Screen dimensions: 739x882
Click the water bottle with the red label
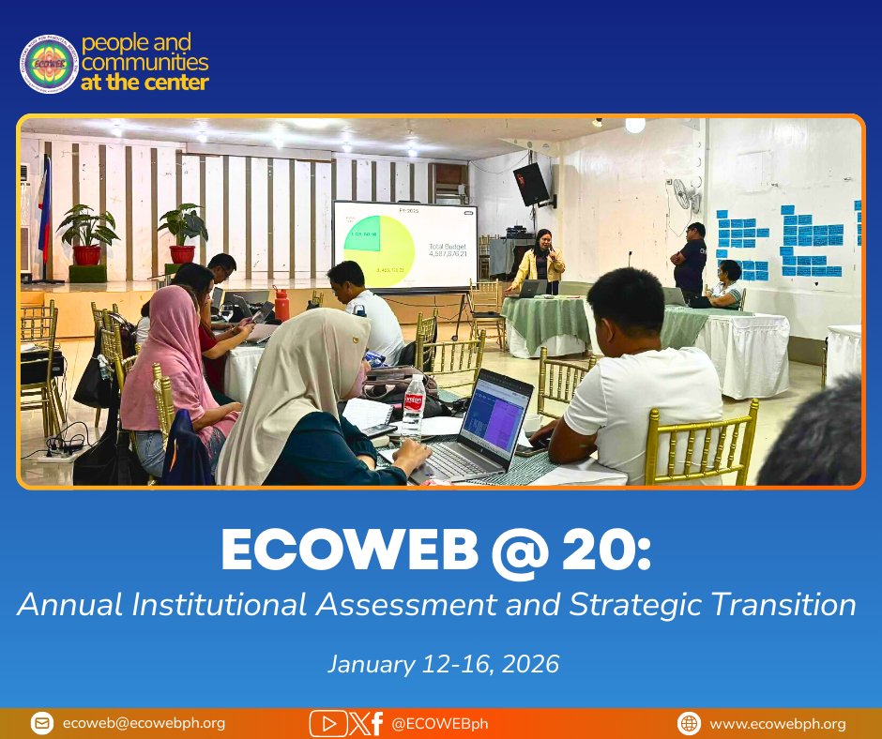click(414, 406)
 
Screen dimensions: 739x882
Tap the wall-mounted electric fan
click(686, 195)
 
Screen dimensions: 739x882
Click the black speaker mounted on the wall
click(531, 184)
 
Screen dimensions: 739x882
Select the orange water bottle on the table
click(281, 305)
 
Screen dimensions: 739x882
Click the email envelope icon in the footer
click(41, 723)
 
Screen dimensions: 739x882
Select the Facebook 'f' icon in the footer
click(376, 723)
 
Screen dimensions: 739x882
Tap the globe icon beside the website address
click(689, 723)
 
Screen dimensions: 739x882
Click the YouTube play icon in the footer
click(327, 723)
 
